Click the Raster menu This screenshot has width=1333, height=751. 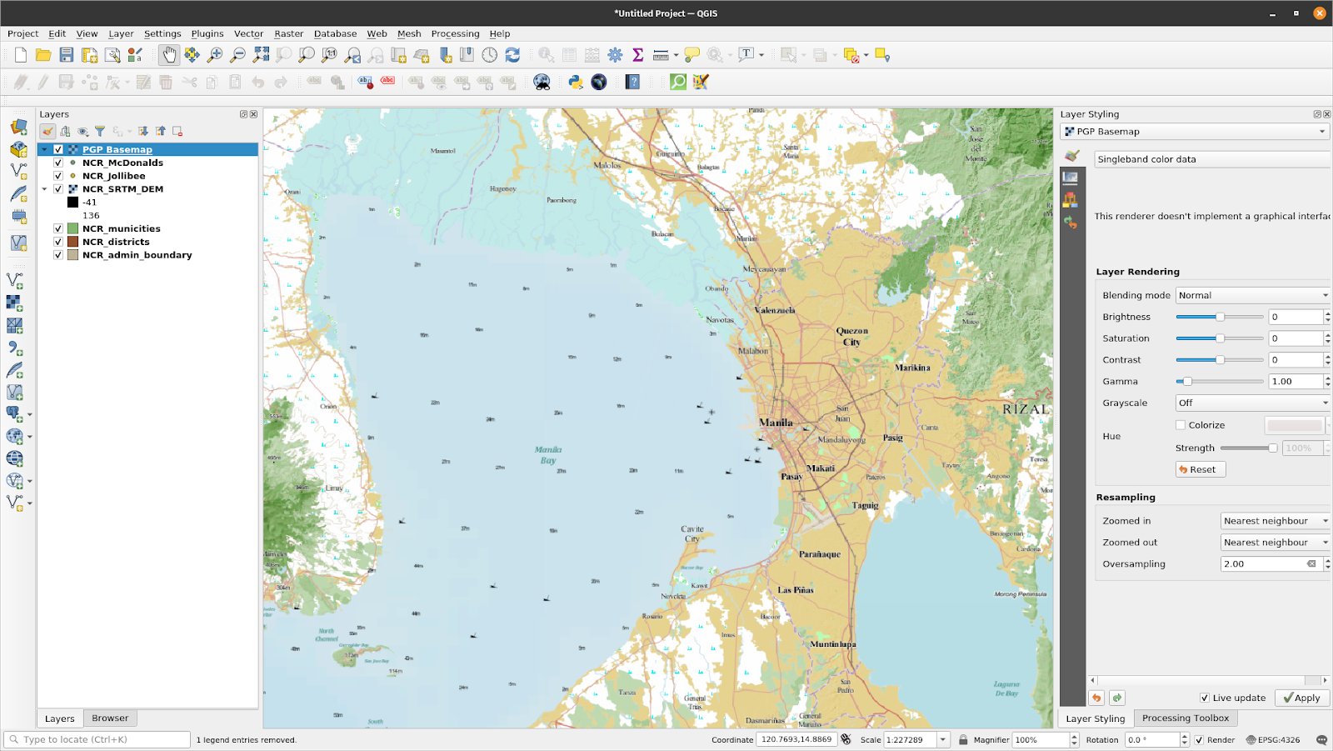tap(288, 34)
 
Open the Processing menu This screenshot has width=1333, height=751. tap(455, 34)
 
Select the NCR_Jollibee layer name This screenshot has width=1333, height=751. tap(113, 176)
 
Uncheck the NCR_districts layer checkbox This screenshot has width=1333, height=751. tap(58, 242)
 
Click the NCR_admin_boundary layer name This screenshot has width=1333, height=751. tap(137, 255)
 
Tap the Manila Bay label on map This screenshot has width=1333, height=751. tap(547, 454)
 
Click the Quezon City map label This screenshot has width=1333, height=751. tap(851, 336)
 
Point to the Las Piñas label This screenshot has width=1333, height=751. tap(795, 590)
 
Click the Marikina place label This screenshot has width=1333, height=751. tap(912, 368)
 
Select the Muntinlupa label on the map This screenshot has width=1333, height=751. tap(832, 644)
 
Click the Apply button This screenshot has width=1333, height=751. tap(1301, 698)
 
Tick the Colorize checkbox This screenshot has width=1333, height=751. tap(1181, 425)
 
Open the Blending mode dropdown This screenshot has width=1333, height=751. tap(1252, 295)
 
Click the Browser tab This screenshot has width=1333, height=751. tap(110, 718)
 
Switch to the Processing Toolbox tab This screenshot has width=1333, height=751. tap(1185, 718)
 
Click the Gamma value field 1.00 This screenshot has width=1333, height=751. tap(1295, 382)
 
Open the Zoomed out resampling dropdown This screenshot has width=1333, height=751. tap(1275, 543)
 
